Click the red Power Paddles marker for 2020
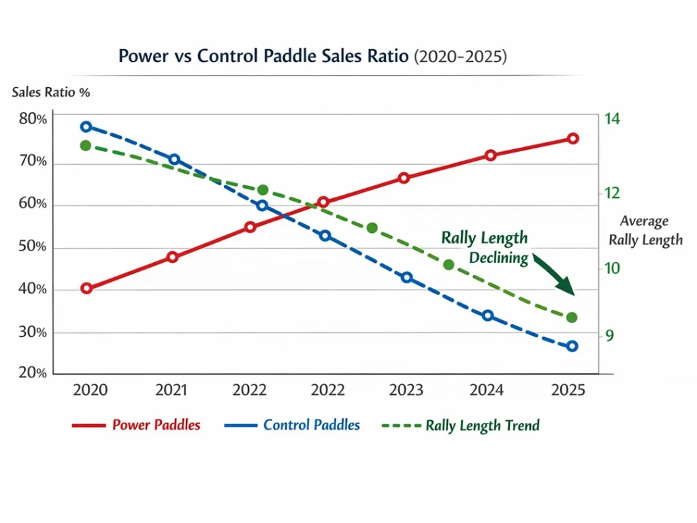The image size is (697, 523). point(86,288)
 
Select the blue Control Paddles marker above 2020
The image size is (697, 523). point(86,127)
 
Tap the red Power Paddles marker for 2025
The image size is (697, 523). point(573,138)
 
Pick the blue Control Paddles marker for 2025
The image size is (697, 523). point(572,346)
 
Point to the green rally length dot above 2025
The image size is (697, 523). point(572,317)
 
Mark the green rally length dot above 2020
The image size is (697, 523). point(86,146)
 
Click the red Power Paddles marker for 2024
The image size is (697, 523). point(491,155)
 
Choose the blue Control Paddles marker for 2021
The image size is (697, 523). point(174,159)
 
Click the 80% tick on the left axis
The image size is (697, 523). point(33,120)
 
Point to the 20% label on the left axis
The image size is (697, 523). point(33,373)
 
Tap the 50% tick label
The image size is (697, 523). point(33,247)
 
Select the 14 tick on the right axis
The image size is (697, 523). point(612,119)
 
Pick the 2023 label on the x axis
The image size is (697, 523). point(406,390)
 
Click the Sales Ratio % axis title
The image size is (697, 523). point(51,93)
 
